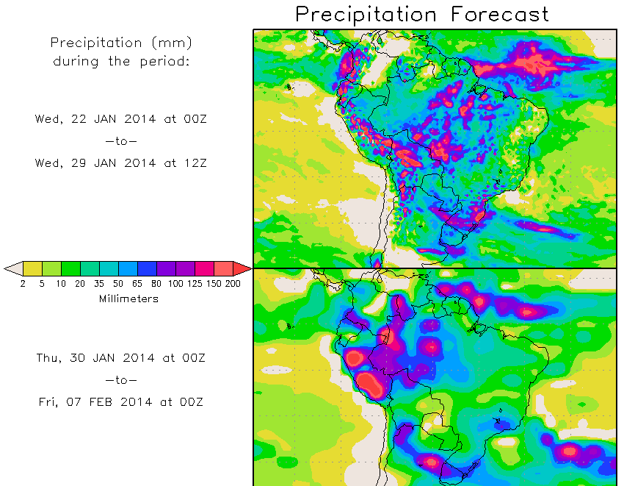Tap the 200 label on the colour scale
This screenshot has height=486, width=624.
click(x=233, y=284)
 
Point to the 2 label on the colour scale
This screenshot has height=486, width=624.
click(x=23, y=284)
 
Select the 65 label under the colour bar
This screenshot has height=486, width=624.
click(x=137, y=284)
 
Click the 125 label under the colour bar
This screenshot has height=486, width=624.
click(x=195, y=284)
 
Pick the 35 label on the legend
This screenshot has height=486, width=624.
click(x=99, y=284)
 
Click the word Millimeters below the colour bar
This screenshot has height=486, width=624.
click(x=128, y=299)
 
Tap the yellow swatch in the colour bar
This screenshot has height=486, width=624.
click(x=32, y=268)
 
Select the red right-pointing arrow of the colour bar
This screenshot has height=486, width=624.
click(x=242, y=268)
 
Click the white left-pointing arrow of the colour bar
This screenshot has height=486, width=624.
click(x=13, y=268)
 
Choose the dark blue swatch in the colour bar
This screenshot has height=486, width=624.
click(x=147, y=268)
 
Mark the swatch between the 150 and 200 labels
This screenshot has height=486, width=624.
click(x=223, y=268)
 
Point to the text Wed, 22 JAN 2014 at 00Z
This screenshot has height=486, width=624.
click(x=121, y=118)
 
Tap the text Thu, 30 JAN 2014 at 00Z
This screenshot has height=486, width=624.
click(x=121, y=358)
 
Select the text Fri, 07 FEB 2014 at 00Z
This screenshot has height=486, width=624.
click(x=121, y=402)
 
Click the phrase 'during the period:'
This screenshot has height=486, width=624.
click(x=121, y=61)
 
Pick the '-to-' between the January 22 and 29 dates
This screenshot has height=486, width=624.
click(x=121, y=140)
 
